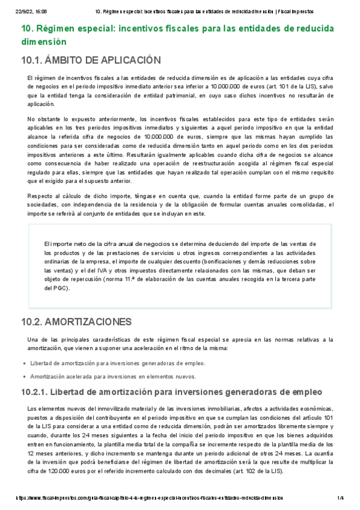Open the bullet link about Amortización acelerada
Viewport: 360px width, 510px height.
click(113, 376)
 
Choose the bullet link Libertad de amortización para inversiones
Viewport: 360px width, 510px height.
click(117, 363)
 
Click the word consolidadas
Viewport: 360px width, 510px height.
click(301, 204)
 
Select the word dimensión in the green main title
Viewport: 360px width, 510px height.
click(43, 42)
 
